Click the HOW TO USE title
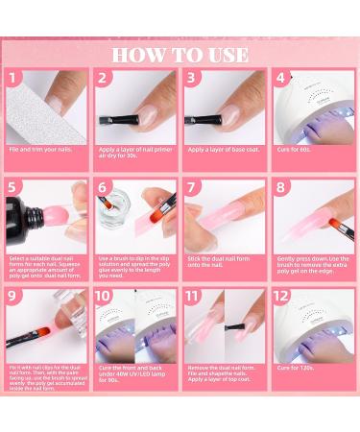coord(180,52)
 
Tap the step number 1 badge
coord(12,78)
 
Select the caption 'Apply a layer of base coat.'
coord(222,150)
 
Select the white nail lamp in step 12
coord(312,326)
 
